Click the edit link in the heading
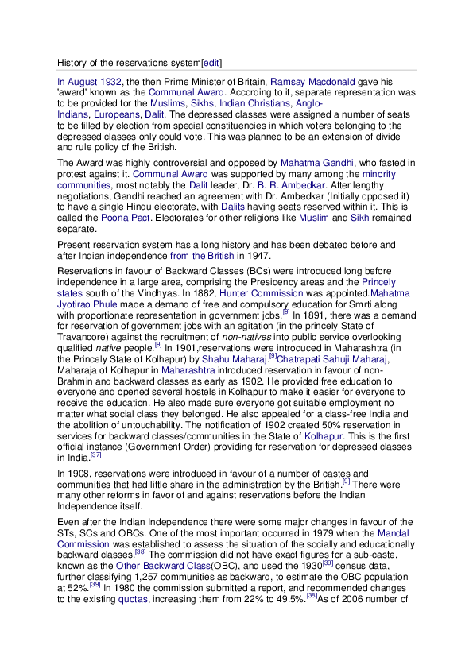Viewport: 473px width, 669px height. coord(212,62)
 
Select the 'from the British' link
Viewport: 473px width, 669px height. coord(202,256)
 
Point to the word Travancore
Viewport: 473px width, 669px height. coord(83,327)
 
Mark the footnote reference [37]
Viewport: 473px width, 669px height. coord(95,455)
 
